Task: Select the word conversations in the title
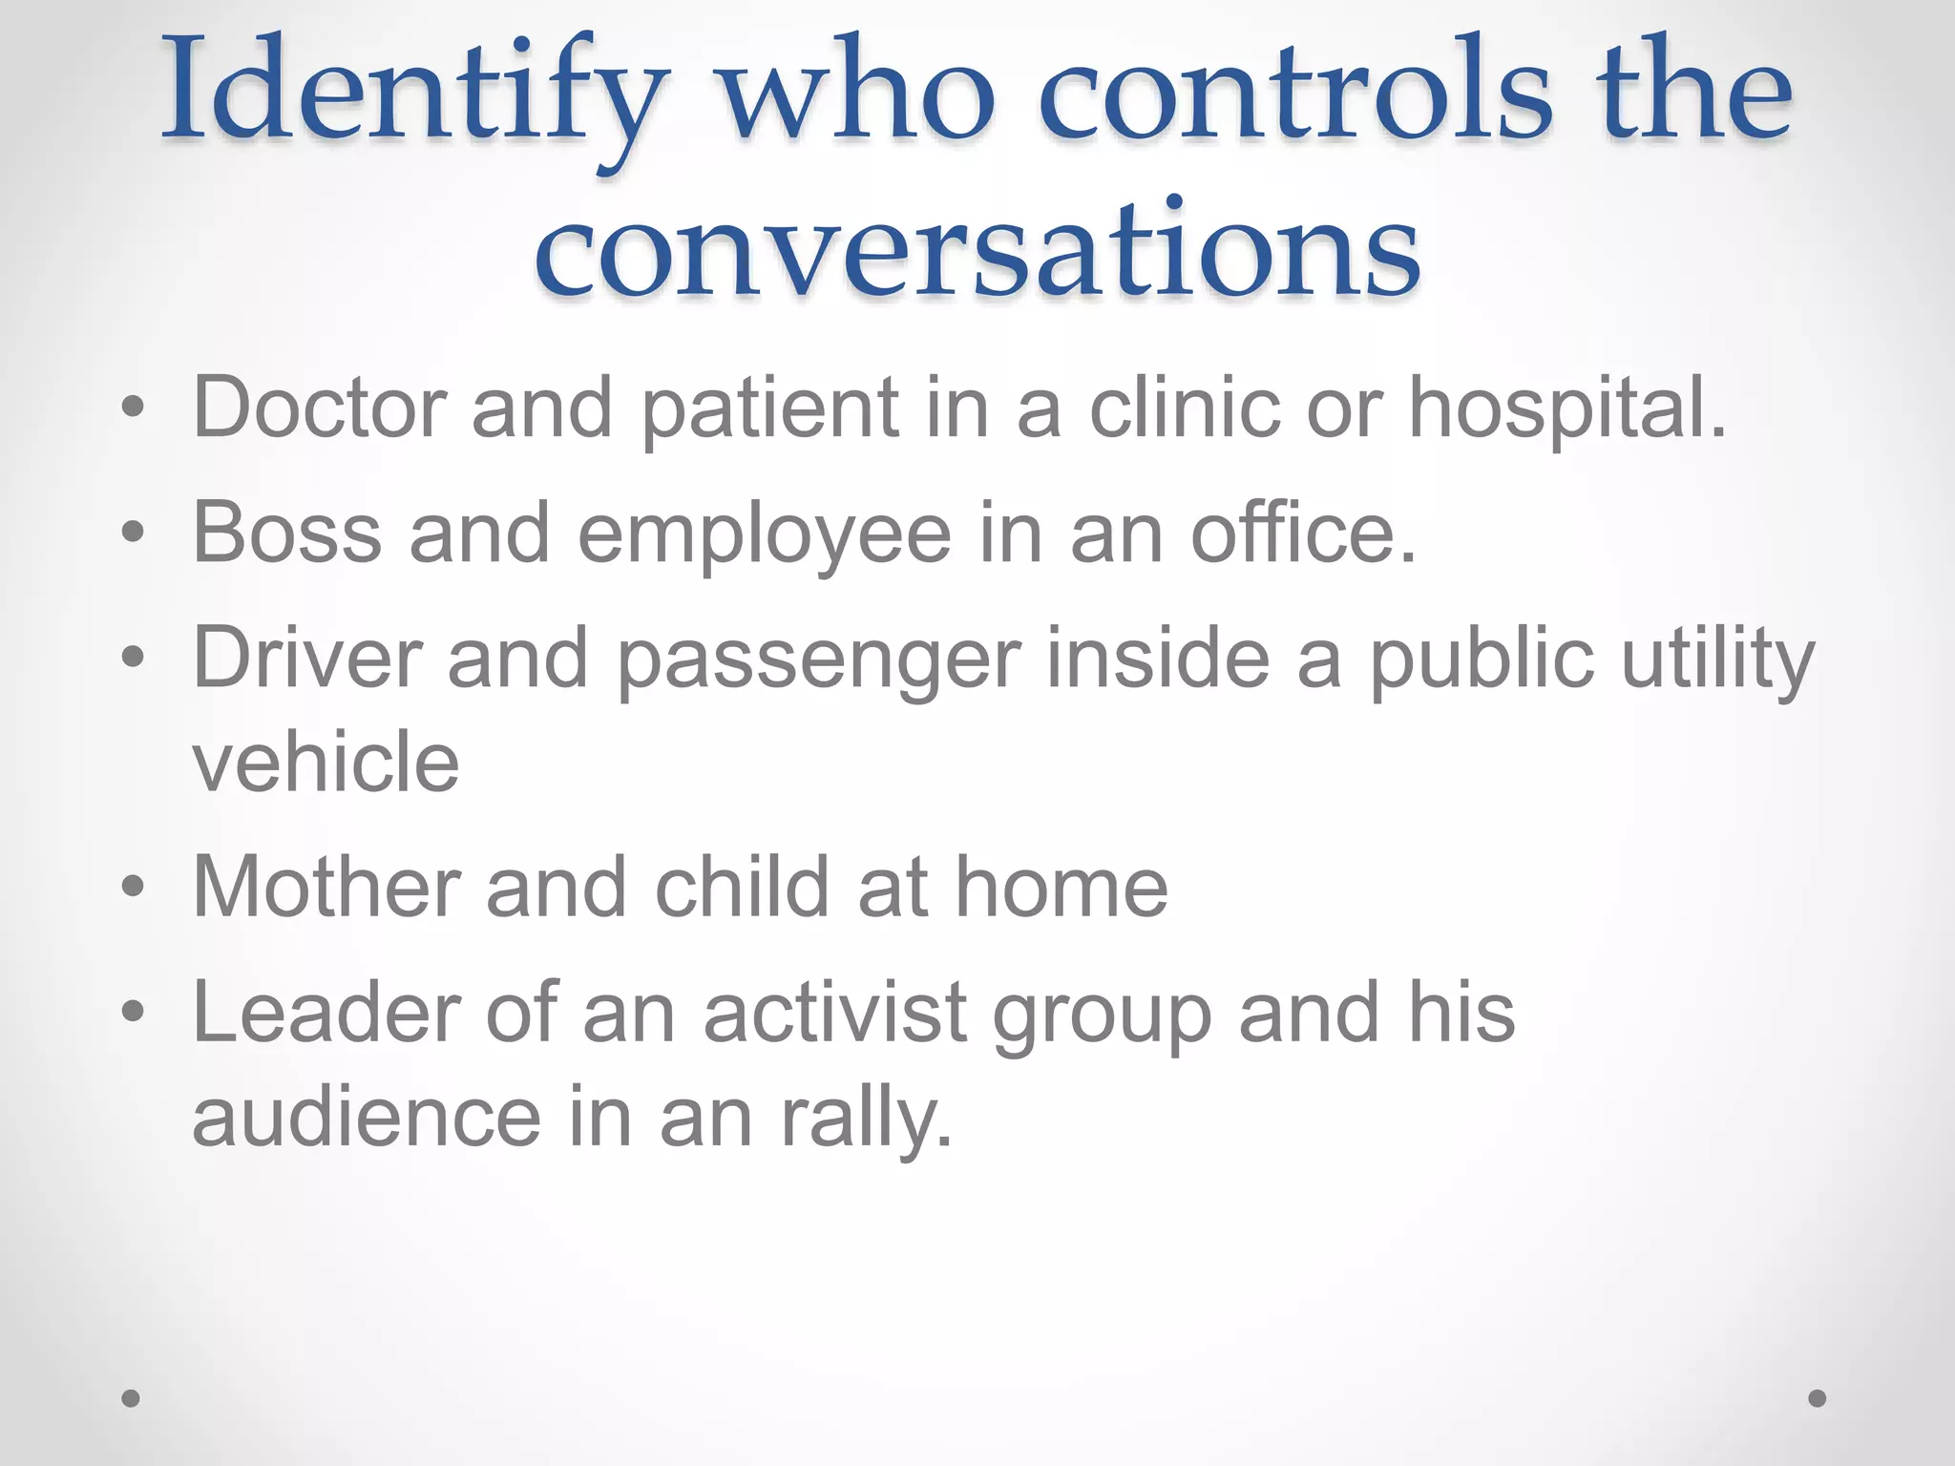coord(977,250)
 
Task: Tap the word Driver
coord(307,658)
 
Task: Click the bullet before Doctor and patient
coord(133,409)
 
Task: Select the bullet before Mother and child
coord(133,888)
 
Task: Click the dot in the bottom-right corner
coord(1818,1398)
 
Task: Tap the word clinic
coord(1185,408)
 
